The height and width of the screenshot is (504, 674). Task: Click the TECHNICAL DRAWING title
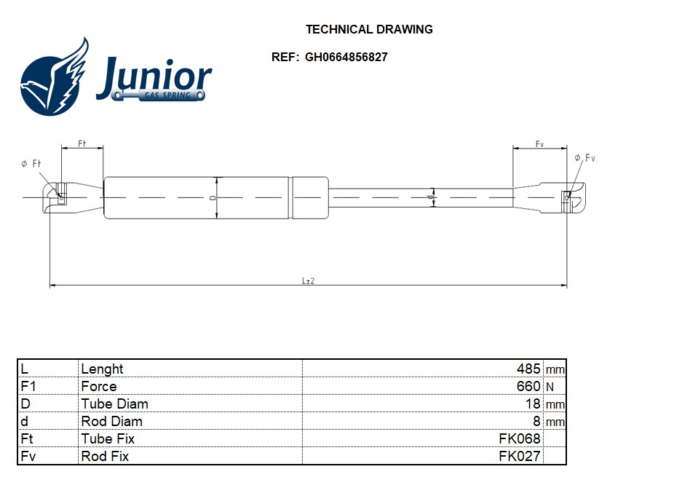click(369, 30)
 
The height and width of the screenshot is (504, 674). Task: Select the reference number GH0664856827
click(346, 57)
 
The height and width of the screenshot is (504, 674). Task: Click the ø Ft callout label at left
click(31, 164)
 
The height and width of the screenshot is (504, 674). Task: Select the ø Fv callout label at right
click(584, 158)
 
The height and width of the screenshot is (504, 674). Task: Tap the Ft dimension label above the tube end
click(82, 143)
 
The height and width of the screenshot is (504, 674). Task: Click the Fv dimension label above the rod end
click(539, 144)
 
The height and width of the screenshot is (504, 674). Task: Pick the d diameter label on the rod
click(430, 197)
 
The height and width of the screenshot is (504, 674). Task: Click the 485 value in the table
click(529, 369)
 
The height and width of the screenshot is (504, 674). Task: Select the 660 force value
click(529, 387)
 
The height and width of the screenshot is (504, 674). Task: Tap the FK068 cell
click(520, 439)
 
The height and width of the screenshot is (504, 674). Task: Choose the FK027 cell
click(520, 457)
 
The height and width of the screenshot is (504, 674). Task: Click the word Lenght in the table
click(102, 369)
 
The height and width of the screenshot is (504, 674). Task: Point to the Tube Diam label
click(114, 404)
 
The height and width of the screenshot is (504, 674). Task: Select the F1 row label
click(28, 387)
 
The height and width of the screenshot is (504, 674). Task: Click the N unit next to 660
click(550, 387)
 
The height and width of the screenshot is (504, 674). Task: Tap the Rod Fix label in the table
click(105, 457)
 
